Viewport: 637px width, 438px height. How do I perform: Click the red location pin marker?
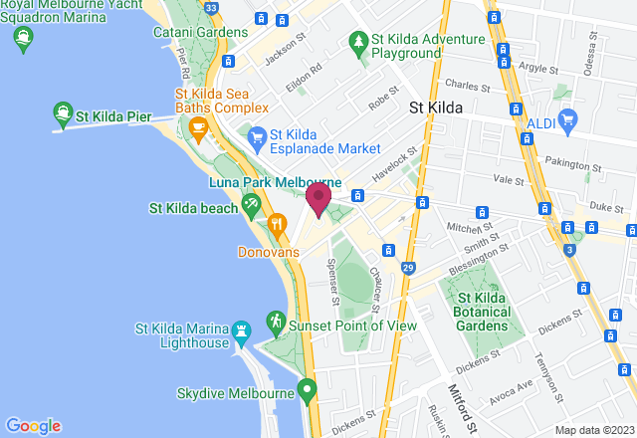[318, 198]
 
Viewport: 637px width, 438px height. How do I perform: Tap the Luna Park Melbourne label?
[275, 184]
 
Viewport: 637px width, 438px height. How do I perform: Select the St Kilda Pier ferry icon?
[64, 114]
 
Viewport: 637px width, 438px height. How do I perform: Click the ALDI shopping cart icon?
[569, 121]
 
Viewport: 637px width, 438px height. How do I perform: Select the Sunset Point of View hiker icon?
[275, 323]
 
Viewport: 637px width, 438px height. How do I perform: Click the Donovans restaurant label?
[268, 252]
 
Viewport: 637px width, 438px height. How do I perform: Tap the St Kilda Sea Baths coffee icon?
[197, 127]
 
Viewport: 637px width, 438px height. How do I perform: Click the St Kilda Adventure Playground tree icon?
[356, 42]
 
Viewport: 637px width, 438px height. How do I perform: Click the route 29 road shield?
[408, 268]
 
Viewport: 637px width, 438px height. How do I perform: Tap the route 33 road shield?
[210, 8]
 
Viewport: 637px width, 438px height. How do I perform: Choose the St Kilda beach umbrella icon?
[251, 207]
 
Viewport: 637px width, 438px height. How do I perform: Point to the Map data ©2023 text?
[593, 430]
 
